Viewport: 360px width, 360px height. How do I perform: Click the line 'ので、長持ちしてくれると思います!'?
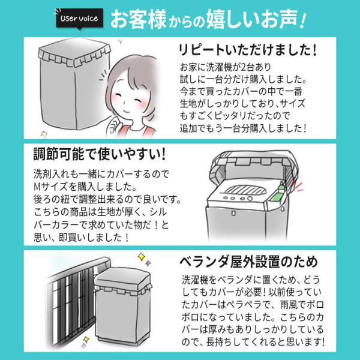[x=252, y=341]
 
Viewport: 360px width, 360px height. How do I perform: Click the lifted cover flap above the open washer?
[x=252, y=162]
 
